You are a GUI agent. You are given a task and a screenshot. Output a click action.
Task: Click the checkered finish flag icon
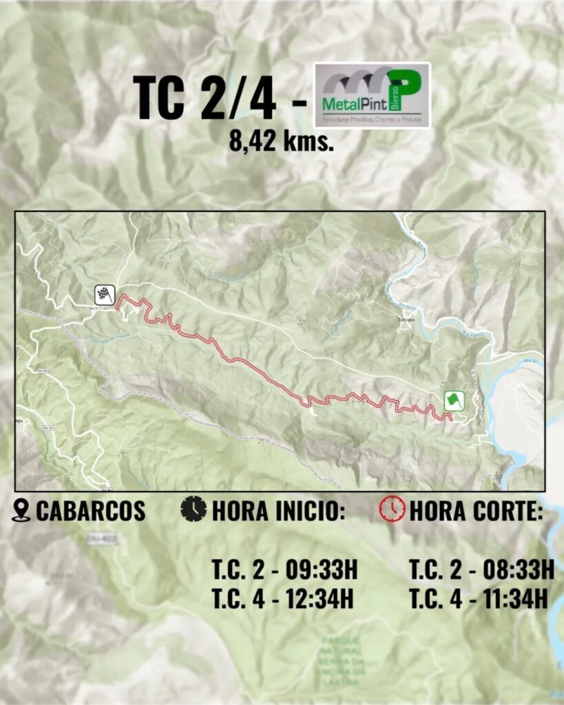105,295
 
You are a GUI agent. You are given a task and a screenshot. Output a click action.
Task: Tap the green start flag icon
454,401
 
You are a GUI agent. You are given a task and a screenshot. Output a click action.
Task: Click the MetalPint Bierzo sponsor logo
372,95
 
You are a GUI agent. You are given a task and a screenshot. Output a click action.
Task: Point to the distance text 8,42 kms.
282,141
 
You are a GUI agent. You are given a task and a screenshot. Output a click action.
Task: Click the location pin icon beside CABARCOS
22,510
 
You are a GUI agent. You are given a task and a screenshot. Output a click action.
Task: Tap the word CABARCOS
90,511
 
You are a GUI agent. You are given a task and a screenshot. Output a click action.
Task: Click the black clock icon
194,509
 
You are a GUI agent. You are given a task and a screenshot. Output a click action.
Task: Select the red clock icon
392,509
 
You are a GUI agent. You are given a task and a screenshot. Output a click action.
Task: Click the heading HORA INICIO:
273,511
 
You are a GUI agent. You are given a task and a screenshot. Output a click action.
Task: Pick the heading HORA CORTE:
475,511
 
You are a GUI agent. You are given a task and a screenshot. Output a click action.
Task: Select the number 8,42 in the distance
255,141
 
